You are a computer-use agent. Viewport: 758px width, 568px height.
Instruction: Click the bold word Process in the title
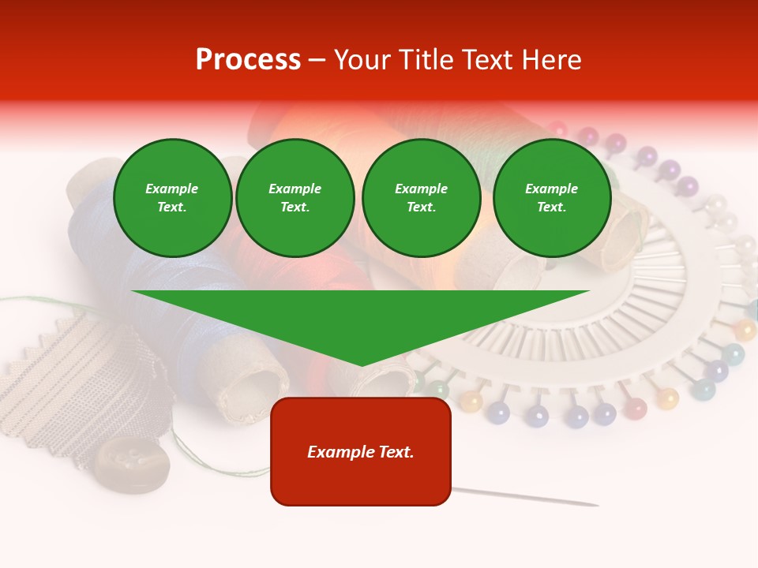pyautogui.click(x=248, y=60)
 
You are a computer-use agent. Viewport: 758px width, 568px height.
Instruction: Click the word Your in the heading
pyautogui.click(x=364, y=60)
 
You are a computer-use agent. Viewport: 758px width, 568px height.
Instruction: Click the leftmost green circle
pyautogui.click(x=173, y=198)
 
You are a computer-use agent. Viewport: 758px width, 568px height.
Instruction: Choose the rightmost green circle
pyautogui.click(x=552, y=198)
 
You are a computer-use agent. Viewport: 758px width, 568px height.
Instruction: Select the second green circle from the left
pyautogui.click(x=295, y=198)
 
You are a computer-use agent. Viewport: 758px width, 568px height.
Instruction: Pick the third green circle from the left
pyautogui.click(x=422, y=198)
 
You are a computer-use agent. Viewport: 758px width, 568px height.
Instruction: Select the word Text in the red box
pyautogui.click(x=396, y=452)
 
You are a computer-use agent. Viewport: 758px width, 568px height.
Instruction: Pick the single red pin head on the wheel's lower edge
pyautogui.click(x=636, y=408)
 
